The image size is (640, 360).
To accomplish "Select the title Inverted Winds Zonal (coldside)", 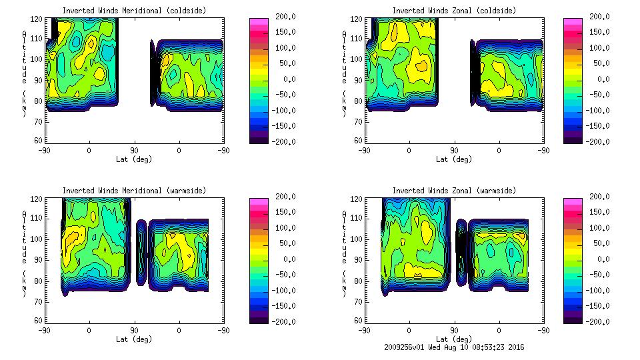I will point(454,11).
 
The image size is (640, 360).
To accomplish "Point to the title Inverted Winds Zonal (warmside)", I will point(454,191).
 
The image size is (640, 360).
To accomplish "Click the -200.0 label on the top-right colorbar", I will point(597,142).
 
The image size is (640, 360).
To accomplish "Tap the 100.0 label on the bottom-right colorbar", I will point(597,228).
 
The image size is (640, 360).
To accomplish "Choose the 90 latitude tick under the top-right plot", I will point(455,151).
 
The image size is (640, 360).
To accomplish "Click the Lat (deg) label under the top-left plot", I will point(134,159).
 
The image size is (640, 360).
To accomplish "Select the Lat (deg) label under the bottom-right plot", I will point(455,339).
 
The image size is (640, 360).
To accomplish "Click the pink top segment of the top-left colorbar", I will point(258,21).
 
